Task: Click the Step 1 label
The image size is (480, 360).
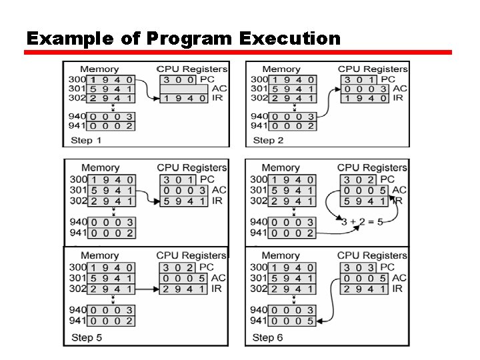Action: point(86,140)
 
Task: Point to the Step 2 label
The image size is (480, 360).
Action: point(268,140)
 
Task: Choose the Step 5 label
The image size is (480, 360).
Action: point(86,337)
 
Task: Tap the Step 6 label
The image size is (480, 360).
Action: point(267,337)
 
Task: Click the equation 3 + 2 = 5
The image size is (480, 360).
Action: point(362,222)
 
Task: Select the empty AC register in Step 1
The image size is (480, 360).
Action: point(184,89)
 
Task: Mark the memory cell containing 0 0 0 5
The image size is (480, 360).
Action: point(292,321)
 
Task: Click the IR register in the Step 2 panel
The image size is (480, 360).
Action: point(365,98)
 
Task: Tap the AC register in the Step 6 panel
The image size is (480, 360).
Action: point(364,278)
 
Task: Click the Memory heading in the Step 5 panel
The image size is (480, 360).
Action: point(99,255)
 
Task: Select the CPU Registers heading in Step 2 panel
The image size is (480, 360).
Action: point(373,69)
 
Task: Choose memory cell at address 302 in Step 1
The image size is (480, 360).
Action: point(111,98)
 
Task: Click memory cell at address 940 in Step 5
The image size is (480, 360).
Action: point(111,310)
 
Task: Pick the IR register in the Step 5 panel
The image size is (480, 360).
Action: point(184,289)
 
